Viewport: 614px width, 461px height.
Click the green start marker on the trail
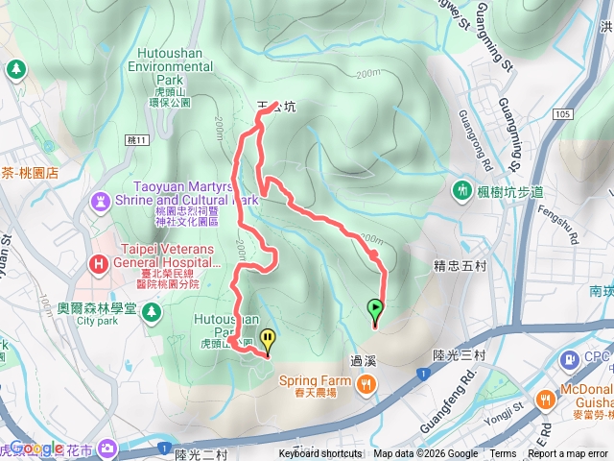click(375, 310)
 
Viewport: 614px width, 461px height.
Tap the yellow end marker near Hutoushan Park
click(268, 339)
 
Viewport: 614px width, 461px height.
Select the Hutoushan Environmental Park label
click(169, 68)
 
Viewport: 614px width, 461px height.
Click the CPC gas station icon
click(570, 359)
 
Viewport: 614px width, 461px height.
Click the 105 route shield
click(563, 115)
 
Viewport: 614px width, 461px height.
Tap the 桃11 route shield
click(138, 140)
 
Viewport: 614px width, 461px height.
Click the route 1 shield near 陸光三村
click(423, 372)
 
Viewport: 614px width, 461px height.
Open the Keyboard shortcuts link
click(321, 454)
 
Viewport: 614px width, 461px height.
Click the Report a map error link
click(567, 454)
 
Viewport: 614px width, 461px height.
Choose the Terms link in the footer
click(503, 454)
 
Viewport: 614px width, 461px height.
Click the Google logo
click(36, 448)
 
